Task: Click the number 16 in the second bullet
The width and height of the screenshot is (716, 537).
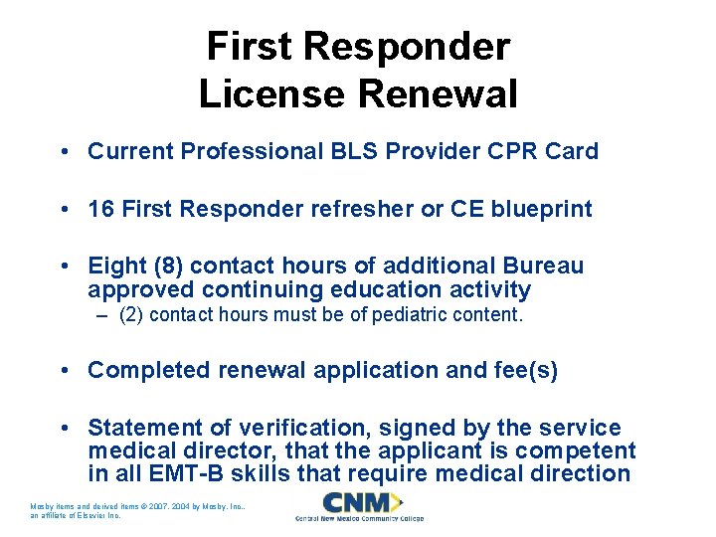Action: (x=99, y=209)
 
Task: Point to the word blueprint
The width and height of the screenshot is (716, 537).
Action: (x=541, y=209)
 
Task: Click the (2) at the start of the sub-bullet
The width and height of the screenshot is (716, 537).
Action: (x=130, y=316)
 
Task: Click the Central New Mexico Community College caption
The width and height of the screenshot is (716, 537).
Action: (x=359, y=519)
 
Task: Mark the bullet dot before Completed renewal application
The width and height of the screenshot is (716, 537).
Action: (x=63, y=370)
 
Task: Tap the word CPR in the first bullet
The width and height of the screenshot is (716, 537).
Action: (x=514, y=151)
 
